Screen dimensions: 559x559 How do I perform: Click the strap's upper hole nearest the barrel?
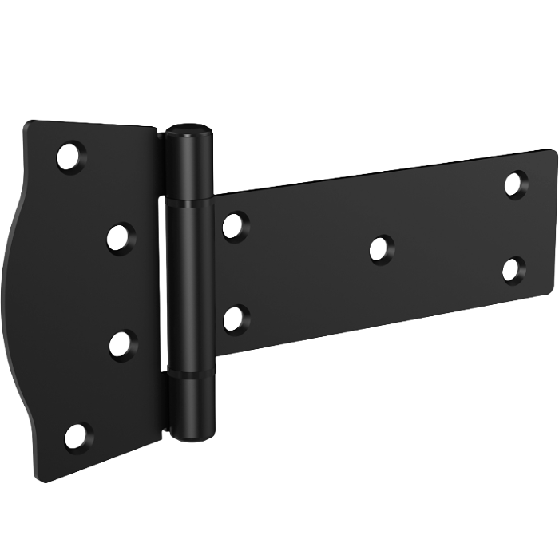(235, 226)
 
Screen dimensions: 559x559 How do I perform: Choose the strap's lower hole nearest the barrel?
(236, 317)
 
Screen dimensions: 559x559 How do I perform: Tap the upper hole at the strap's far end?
(516, 183)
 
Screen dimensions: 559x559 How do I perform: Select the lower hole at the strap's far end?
(514, 268)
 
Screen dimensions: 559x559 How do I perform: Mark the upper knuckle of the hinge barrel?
(190, 164)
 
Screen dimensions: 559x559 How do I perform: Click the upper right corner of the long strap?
(554, 151)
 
